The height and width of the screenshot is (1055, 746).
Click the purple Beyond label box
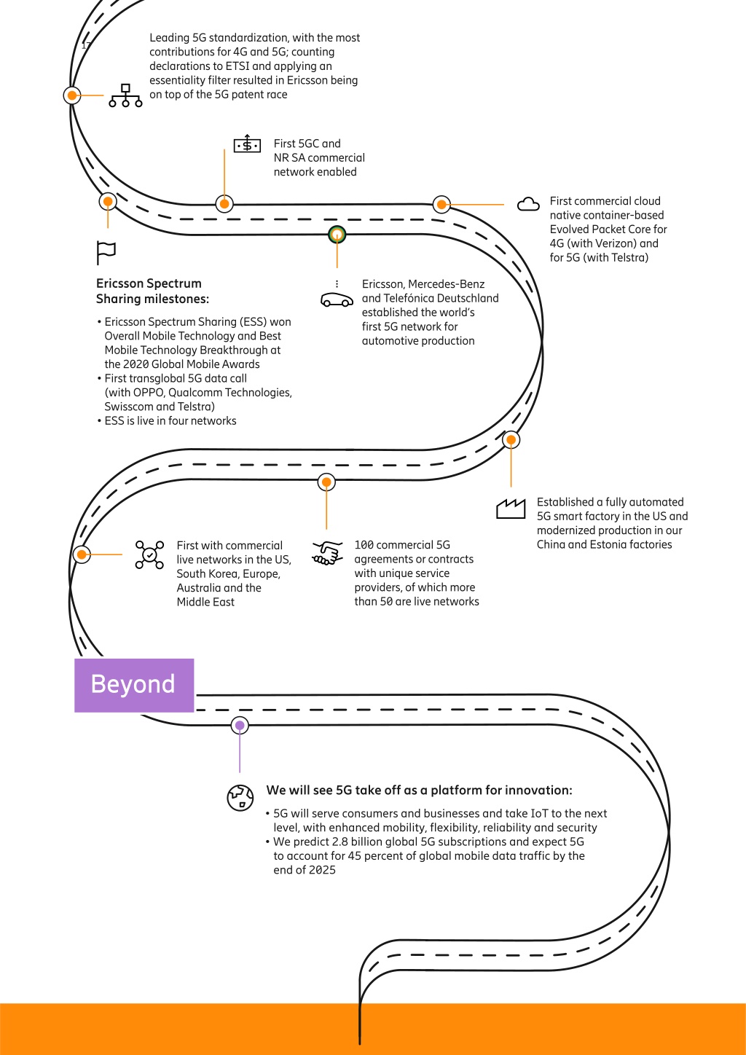click(134, 686)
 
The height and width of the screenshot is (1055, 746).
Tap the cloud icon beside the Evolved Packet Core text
click(528, 204)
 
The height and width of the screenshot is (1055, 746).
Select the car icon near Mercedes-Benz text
click(337, 299)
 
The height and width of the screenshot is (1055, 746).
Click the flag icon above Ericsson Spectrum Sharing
click(106, 253)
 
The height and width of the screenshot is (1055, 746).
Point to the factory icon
click(511, 509)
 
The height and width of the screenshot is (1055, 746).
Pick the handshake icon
click(327, 553)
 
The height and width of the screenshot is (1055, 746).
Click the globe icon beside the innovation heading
click(240, 798)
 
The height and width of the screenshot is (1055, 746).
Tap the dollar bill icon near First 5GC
click(247, 144)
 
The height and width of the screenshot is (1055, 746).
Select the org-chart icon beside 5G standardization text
click(125, 95)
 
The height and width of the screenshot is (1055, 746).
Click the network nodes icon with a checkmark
click(149, 554)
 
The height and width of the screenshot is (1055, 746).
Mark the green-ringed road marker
click(337, 234)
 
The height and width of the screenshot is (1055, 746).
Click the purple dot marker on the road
click(240, 726)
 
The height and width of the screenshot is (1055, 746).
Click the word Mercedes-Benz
click(447, 284)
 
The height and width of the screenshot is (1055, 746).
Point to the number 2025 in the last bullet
click(322, 870)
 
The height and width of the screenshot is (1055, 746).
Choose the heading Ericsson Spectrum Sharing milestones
click(152, 291)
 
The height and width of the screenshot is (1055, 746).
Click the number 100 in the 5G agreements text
click(364, 545)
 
